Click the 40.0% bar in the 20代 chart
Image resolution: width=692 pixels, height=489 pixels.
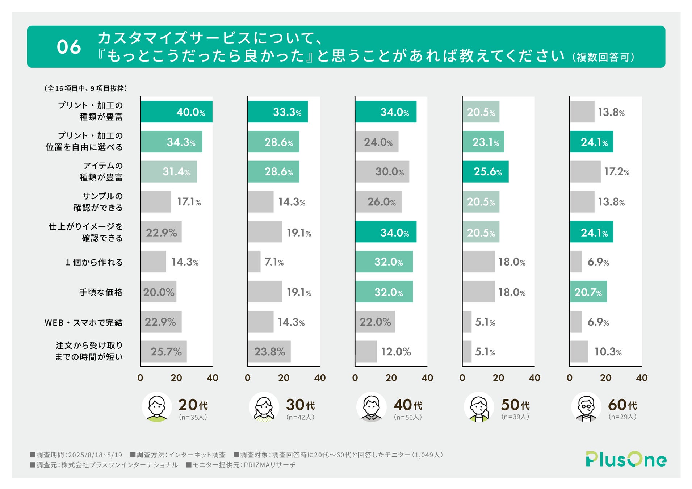pyautogui.click(x=176, y=112)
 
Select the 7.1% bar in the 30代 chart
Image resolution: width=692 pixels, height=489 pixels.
pyautogui.click(x=254, y=262)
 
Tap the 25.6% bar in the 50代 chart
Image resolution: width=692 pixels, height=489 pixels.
pyautogui.click(x=485, y=172)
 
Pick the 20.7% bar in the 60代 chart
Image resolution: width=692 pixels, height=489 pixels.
pyautogui.click(x=588, y=292)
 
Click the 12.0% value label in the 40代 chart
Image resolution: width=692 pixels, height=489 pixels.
pyautogui.click(x=396, y=352)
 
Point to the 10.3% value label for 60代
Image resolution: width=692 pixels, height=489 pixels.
pyautogui.click(x=608, y=352)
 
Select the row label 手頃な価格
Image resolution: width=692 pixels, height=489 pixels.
pyautogui.click(x=101, y=292)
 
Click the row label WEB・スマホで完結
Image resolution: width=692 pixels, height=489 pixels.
pyautogui.click(x=84, y=322)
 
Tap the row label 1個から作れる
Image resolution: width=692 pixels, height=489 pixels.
pyautogui.click(x=94, y=262)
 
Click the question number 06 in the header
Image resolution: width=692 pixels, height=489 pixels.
pyautogui.click(x=69, y=47)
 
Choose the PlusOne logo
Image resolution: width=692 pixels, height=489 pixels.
pyautogui.click(x=626, y=459)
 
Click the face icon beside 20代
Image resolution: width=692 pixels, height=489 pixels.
pyautogui.click(x=156, y=407)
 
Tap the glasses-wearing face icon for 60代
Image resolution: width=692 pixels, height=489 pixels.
pyautogui.click(x=586, y=407)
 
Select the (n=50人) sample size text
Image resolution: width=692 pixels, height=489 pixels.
pyautogui.click(x=408, y=417)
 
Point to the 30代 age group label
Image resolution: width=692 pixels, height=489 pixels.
pyautogui.click(x=300, y=405)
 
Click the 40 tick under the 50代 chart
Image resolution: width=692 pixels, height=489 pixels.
pyautogui.click(x=534, y=378)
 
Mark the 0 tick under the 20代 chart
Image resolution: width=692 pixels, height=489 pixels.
pyautogui.click(x=140, y=378)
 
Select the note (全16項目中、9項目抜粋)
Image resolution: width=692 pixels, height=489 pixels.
pyautogui.click(x=85, y=88)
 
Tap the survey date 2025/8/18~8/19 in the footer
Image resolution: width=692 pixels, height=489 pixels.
pyautogui.click(x=95, y=455)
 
